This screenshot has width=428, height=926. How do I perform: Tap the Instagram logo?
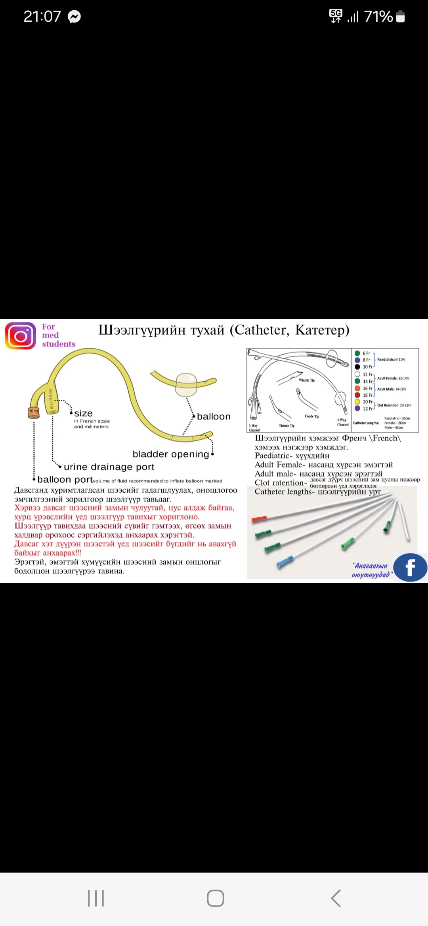coord(20,336)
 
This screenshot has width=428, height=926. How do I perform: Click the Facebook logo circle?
coord(410,567)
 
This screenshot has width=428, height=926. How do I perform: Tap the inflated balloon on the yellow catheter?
coord(186,384)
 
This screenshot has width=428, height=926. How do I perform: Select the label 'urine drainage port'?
coord(109,467)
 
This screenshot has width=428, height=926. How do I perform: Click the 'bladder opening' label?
coord(171,454)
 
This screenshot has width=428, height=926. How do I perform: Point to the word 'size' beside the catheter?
coord(83,413)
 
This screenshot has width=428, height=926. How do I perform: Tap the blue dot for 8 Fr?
coord(357,360)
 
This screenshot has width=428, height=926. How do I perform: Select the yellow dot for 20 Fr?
coord(357,402)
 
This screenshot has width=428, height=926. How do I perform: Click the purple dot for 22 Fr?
coord(357,408)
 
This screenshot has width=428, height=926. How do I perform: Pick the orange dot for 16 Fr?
coord(357,388)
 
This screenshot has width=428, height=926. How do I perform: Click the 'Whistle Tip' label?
coord(307,380)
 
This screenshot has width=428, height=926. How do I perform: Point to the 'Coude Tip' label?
coord(312,416)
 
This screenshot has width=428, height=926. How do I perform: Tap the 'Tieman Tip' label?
coord(287,426)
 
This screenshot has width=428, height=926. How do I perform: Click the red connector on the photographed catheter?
coord(259,519)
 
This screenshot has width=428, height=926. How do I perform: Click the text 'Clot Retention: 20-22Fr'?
coord(394,405)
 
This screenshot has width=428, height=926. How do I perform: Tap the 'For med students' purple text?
coord(58,335)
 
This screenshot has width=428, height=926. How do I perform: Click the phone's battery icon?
coord(401,17)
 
